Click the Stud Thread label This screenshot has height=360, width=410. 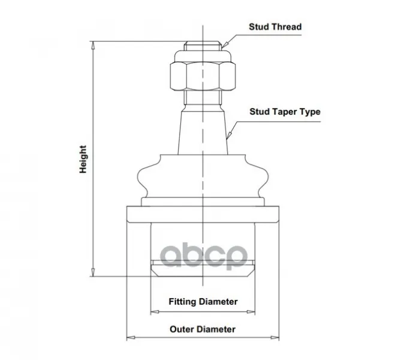[x=275, y=27]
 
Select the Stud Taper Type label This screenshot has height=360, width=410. [x=285, y=112]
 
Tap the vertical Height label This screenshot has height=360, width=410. [x=83, y=159]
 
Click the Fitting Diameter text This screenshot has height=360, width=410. [x=203, y=302]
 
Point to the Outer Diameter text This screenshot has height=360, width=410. [x=203, y=329]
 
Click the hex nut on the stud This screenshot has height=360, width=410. [x=203, y=76]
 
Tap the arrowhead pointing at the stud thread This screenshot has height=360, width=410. [x=225, y=45]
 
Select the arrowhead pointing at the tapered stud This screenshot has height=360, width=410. [x=229, y=136]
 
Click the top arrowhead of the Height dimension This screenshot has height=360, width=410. [x=93, y=46]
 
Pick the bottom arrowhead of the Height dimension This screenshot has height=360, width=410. [x=93, y=272]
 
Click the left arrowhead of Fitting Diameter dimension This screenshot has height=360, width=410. [x=155, y=312]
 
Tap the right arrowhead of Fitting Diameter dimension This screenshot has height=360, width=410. [x=251, y=312]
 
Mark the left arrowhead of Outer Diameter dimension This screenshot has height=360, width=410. [x=131, y=337]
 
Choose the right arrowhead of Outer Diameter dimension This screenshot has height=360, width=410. [x=275, y=337]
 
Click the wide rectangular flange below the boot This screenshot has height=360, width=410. [x=203, y=214]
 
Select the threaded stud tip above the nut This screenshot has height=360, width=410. [x=203, y=46]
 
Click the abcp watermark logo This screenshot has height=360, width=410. [x=203, y=256]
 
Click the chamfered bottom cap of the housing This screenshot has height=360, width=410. [x=203, y=268]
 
